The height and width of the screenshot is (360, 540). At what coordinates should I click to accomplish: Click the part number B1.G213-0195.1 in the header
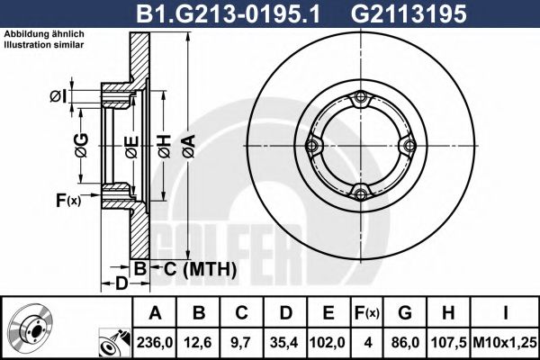[x=229, y=13]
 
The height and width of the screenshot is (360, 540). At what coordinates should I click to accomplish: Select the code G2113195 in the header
[x=409, y=13]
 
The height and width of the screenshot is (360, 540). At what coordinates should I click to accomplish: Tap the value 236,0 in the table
[x=155, y=342]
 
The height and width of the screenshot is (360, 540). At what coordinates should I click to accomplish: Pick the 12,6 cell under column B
[x=198, y=342]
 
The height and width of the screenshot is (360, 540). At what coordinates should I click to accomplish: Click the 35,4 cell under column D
[x=284, y=342]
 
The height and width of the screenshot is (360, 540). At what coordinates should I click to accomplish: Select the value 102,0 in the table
[x=328, y=342]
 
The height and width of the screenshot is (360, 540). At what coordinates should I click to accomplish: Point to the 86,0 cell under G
[x=405, y=342]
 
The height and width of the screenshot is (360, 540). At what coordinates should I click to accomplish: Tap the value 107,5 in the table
[x=449, y=342]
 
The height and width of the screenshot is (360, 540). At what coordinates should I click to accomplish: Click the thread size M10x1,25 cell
[x=505, y=342]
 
